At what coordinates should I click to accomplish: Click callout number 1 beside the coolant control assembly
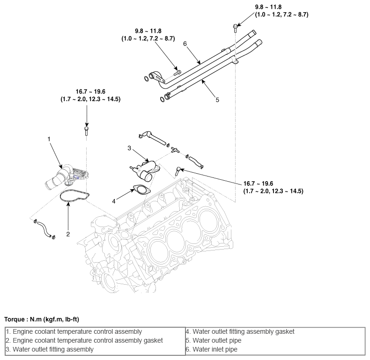tap(49, 139)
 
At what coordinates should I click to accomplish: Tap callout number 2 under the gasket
tap(68, 234)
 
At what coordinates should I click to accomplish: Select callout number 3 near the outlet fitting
tap(129, 148)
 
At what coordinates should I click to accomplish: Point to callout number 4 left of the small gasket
tap(114, 201)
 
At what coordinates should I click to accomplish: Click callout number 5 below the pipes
tap(217, 100)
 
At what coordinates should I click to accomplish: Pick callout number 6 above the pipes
tap(185, 44)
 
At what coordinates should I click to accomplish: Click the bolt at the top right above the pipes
tap(235, 28)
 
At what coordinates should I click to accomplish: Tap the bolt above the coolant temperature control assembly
tap(86, 131)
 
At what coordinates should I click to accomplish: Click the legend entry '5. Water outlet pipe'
tap(214, 340)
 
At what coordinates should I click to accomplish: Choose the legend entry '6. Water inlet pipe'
tap(212, 349)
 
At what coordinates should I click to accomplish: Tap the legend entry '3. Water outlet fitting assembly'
tap(50, 349)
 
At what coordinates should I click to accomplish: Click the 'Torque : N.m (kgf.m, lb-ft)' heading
tap(42, 319)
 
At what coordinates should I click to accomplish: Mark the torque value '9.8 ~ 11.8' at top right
tap(268, 7)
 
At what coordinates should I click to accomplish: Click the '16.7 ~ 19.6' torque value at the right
tap(258, 184)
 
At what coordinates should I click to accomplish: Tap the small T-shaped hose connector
tap(175, 149)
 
